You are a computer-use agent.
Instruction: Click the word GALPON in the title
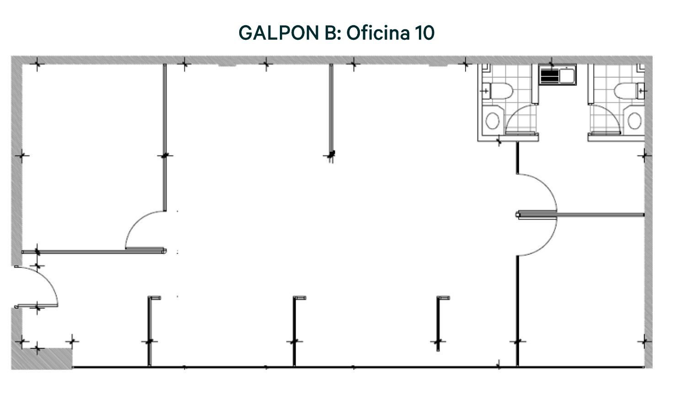[x=279, y=33]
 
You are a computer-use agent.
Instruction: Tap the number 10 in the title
[x=425, y=33]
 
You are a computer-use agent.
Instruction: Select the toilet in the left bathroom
[x=498, y=91]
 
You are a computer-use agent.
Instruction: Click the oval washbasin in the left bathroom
[x=493, y=120]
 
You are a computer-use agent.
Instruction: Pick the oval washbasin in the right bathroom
[x=635, y=120]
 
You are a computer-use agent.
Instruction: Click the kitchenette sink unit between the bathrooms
[x=557, y=75]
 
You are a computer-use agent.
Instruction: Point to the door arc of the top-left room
[x=135, y=221]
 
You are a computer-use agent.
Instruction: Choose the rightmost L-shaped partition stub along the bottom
[x=438, y=323]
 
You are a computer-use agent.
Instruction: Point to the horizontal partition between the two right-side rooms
[x=580, y=215]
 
